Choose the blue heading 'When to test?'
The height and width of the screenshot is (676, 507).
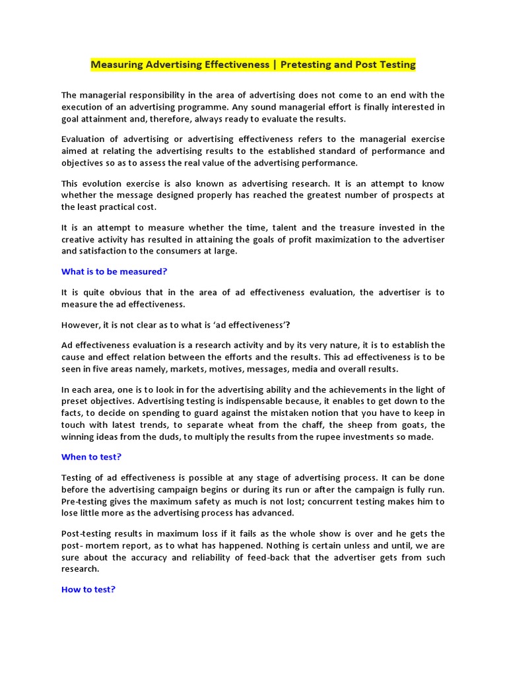[91, 457]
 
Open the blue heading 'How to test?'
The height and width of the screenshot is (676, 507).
[88, 590]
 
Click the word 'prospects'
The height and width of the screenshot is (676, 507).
[409, 195]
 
